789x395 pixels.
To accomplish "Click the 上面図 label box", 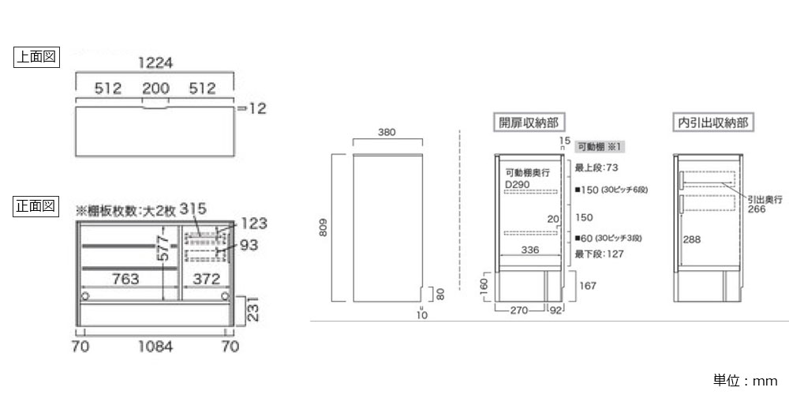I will click(x=37, y=57).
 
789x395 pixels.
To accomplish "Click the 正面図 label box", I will click(x=37, y=206).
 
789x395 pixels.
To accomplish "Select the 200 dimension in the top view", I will click(x=155, y=88).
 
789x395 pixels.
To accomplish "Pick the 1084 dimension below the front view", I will click(x=155, y=346).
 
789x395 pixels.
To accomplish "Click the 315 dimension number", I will click(x=193, y=209).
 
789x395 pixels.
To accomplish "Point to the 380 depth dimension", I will click(x=387, y=133).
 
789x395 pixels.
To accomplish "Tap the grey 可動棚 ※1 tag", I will click(x=600, y=146).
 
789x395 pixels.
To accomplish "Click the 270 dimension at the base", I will click(x=518, y=310).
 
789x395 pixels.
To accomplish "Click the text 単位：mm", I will click(x=746, y=381).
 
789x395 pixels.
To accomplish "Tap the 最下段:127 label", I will click(x=599, y=254).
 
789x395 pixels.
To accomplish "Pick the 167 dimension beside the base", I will click(x=587, y=285).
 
